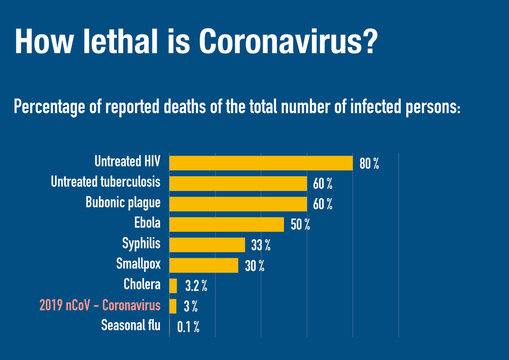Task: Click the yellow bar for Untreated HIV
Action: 260,163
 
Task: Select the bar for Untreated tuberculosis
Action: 238,183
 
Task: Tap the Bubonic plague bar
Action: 238,203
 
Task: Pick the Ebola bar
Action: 227,224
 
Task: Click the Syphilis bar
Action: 207,244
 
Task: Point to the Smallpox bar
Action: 204,265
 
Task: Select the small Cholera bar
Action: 173,286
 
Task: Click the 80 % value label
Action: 369,163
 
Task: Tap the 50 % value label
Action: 300,224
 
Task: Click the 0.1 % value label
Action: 188,327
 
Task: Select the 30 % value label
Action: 254,265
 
